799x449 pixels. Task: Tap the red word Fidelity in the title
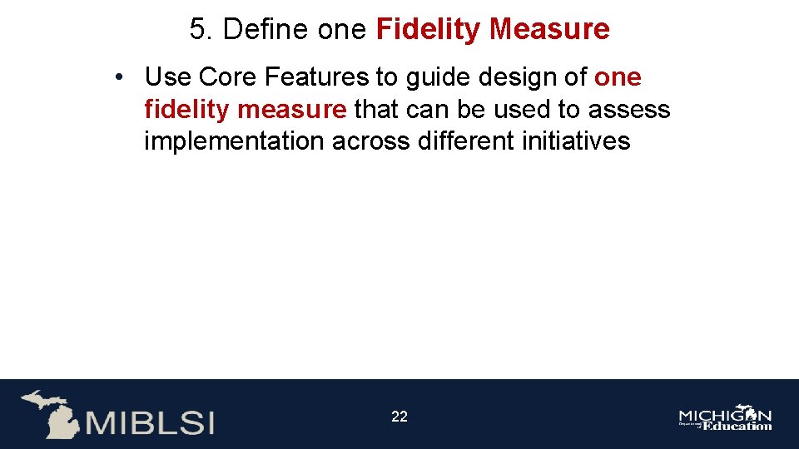[429, 30]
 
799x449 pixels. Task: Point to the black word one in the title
[342, 30]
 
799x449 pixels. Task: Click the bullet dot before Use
[121, 78]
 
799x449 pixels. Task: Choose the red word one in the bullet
[618, 77]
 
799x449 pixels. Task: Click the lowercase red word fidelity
[186, 109]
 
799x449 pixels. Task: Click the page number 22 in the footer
[399, 417]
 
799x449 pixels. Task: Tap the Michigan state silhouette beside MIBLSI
[51, 413]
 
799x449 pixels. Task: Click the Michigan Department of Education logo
[725, 418]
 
